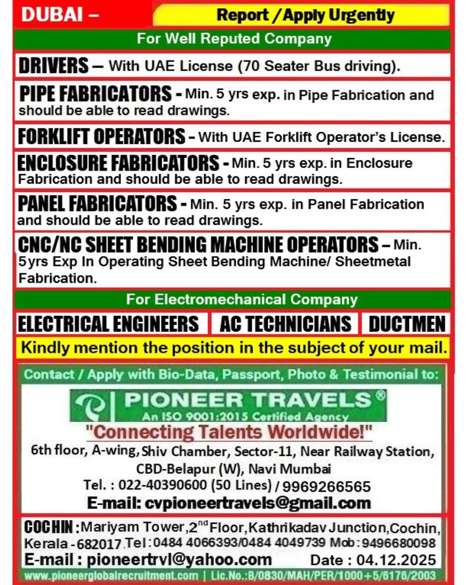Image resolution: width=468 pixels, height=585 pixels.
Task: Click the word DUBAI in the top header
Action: coord(52,14)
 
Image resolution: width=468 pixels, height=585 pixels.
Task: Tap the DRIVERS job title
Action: coord(53,66)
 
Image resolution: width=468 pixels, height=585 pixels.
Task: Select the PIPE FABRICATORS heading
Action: coord(95,94)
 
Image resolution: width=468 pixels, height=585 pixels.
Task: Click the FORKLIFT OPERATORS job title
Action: coord(101,136)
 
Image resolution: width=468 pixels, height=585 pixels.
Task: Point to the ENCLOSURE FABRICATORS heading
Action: coord(118,163)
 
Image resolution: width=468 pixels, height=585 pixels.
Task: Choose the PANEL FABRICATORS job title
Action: coord(97,204)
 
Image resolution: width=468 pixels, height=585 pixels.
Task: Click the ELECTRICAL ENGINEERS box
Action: coord(108,324)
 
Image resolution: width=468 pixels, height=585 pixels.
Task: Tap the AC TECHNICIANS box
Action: coord(285,324)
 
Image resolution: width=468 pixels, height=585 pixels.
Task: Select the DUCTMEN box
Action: coord(406,324)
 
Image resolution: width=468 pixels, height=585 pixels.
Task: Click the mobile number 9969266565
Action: coord(326,486)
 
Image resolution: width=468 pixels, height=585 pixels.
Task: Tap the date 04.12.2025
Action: coord(396,559)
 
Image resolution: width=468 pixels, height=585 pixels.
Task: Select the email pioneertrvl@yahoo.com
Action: coord(179,559)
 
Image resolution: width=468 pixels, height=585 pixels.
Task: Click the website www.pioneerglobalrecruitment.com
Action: coord(111,576)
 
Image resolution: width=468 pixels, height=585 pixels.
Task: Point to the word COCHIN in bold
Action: coord(48,527)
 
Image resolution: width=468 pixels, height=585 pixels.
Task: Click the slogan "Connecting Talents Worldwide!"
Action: coord(229,432)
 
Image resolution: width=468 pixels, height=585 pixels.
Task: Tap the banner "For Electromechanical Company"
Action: coord(242,299)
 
